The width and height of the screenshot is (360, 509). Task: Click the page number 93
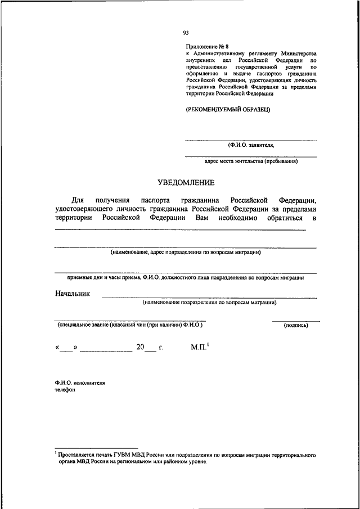point(186,33)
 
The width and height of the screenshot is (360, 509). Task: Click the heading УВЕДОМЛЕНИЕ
point(186,182)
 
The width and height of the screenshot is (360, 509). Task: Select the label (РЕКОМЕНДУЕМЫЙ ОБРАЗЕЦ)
point(228,110)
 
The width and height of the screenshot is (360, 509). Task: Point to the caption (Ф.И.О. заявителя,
point(251,145)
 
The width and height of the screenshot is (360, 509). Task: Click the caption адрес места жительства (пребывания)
point(251,161)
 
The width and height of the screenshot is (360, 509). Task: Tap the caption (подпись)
point(296,325)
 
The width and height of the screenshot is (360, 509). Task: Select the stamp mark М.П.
point(199,348)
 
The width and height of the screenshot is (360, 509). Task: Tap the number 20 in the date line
point(137,348)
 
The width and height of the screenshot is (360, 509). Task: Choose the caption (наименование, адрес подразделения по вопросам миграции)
point(186,253)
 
